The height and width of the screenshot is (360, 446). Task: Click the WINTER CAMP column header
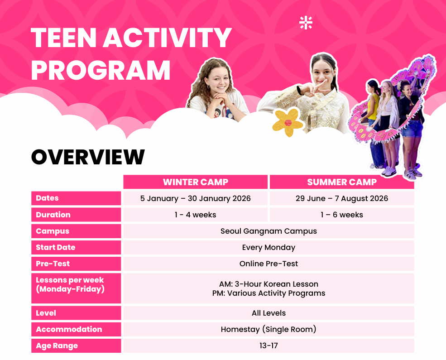[x=196, y=182]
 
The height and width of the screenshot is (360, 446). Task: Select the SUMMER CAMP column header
[x=342, y=182]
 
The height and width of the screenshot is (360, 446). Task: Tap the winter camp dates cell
[x=196, y=198]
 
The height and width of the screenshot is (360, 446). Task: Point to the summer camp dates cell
[x=342, y=198]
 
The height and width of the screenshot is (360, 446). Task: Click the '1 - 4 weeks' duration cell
[x=196, y=215]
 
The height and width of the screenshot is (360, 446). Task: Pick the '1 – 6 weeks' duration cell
[x=342, y=215]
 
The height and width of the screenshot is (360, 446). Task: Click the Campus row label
[x=53, y=231]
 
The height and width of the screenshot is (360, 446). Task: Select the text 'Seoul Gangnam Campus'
[x=269, y=231]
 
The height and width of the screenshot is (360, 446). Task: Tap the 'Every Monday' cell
[x=269, y=247]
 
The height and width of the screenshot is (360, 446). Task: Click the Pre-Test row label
[x=53, y=264]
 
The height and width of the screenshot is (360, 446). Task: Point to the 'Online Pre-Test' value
[x=269, y=264]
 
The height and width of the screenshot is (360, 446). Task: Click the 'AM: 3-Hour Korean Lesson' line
[x=269, y=284]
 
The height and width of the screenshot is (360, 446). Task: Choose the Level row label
[x=46, y=313]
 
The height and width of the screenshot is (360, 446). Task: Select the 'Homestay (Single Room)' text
[x=269, y=329]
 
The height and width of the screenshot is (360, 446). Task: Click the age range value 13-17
[x=269, y=346]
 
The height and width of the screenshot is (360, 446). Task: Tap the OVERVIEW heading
[x=88, y=157]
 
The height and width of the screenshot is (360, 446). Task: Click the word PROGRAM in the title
[x=101, y=70]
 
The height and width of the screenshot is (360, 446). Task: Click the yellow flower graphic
[x=288, y=122]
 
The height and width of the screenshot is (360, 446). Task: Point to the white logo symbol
[x=306, y=23]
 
